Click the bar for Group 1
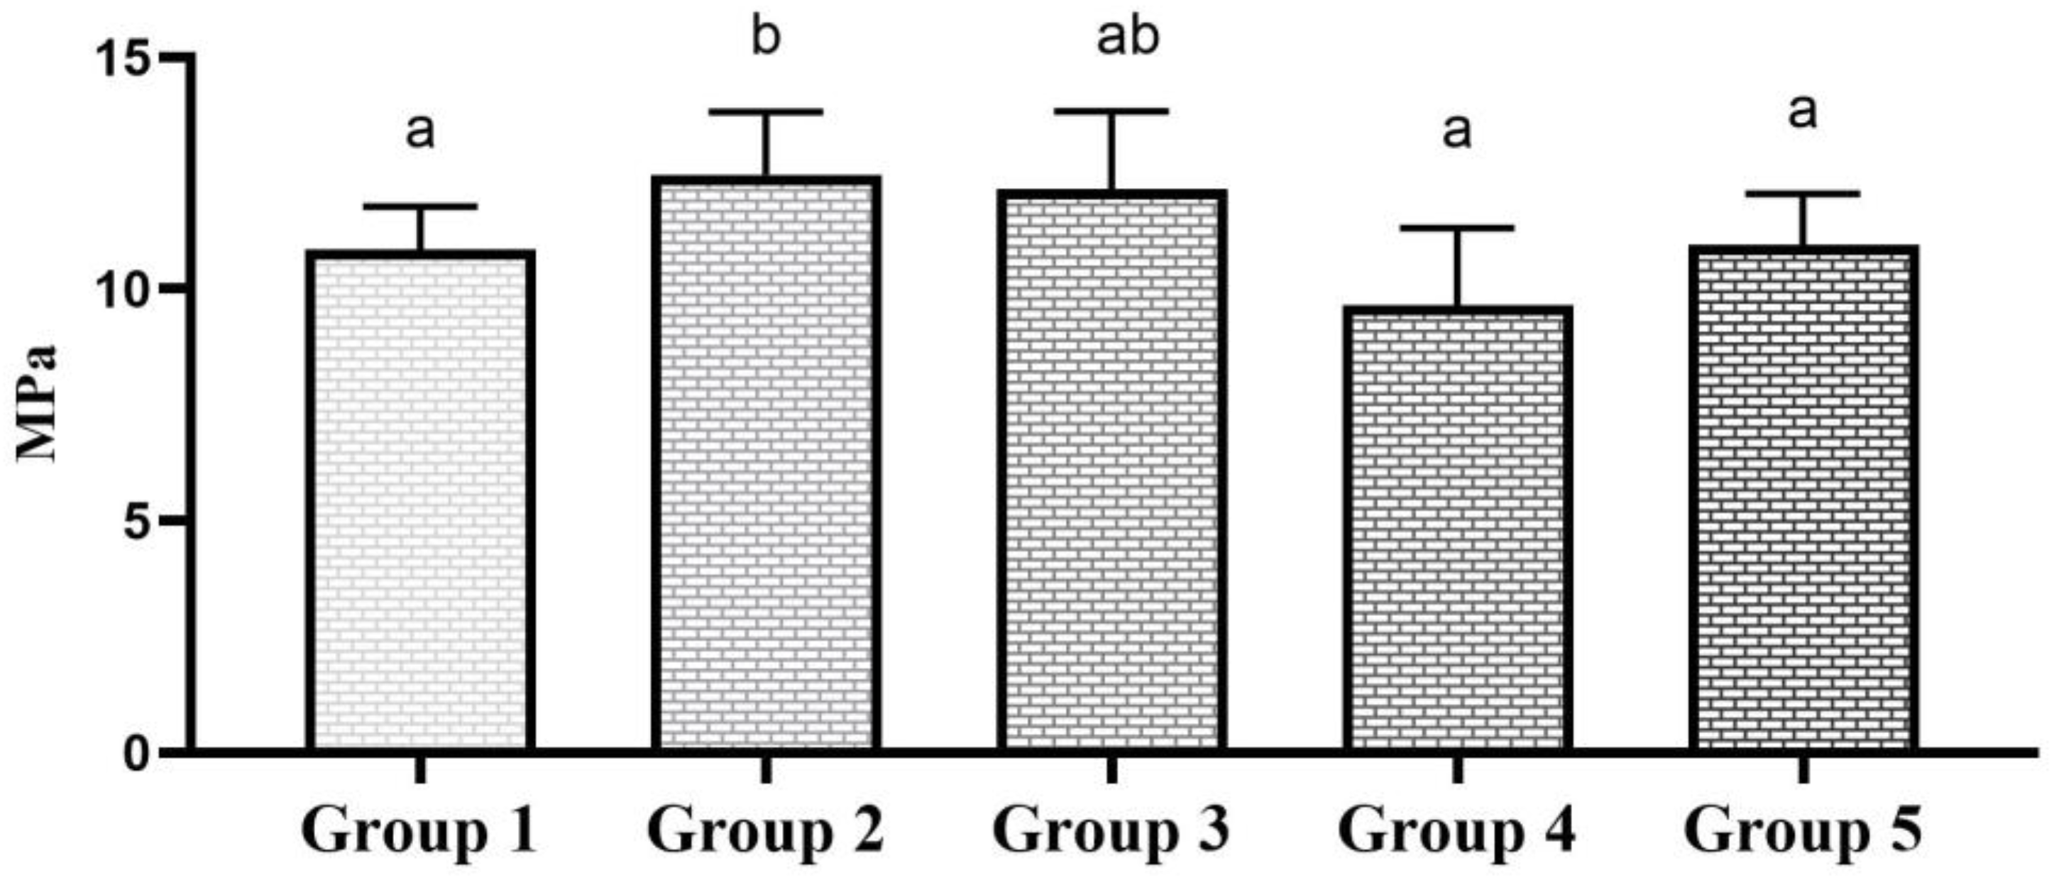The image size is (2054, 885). [420, 502]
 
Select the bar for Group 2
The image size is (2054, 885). [766, 466]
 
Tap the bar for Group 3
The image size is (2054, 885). [1111, 473]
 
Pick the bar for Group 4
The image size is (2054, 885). [1457, 530]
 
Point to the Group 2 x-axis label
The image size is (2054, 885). [766, 832]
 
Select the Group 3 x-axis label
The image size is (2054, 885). [1111, 832]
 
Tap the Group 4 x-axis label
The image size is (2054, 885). [1457, 832]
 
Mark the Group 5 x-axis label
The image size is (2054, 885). [1803, 832]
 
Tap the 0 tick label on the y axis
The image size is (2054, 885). [140, 754]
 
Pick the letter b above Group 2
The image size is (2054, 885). [766, 38]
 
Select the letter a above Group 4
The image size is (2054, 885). [1457, 131]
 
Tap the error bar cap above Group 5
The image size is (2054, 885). [1803, 194]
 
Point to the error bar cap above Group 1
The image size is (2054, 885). [420, 207]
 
